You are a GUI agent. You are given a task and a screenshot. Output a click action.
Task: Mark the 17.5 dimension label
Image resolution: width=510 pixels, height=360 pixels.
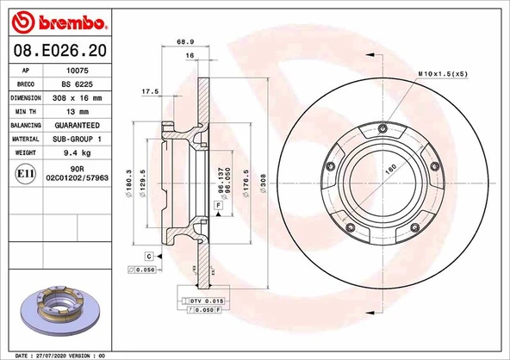click(151, 90)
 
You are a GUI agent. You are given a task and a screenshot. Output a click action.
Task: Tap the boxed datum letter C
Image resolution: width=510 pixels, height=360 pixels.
click(149, 257)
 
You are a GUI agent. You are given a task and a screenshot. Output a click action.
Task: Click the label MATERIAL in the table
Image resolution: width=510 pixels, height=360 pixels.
click(26, 138)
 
